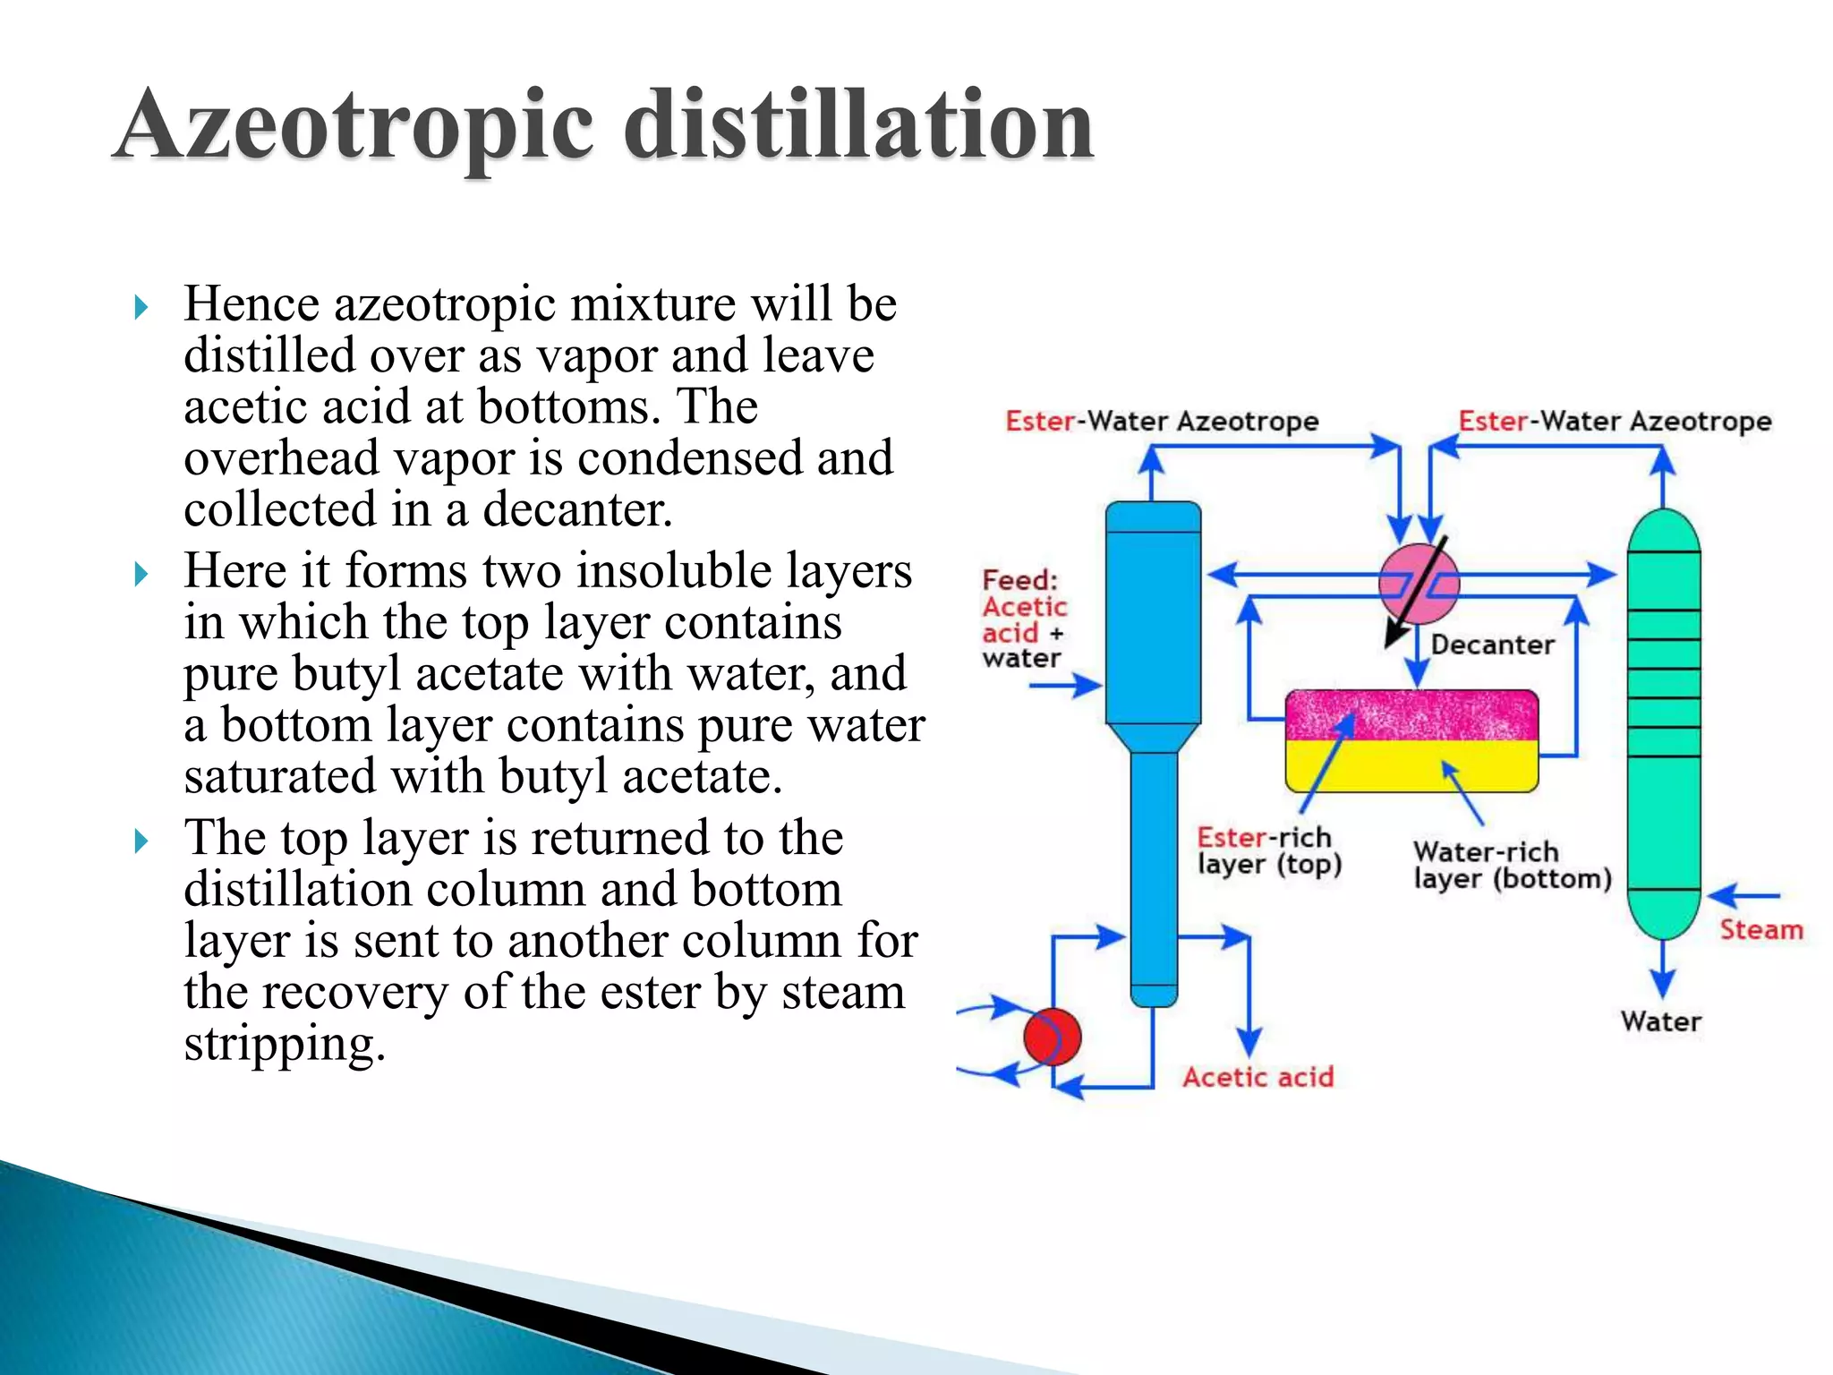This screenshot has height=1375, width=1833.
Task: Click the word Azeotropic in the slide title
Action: [354, 127]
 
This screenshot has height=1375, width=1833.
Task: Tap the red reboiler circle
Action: [1052, 1037]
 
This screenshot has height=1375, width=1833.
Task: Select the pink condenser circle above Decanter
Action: [1419, 584]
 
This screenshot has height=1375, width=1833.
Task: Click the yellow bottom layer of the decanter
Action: [1411, 766]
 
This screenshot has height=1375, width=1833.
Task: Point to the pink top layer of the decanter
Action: [1411, 714]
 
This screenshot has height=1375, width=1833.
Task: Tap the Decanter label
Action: [1492, 645]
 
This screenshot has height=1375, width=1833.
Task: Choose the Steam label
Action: [1761, 930]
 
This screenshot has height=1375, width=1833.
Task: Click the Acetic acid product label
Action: [1258, 1077]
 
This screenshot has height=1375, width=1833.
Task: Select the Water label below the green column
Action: [1660, 1021]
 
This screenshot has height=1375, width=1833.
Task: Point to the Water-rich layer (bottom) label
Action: [1512, 865]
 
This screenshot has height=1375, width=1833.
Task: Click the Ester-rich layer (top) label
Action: [1268, 850]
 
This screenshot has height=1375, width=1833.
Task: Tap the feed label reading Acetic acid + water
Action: [1024, 619]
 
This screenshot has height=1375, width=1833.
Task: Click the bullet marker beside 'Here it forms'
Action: [141, 574]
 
